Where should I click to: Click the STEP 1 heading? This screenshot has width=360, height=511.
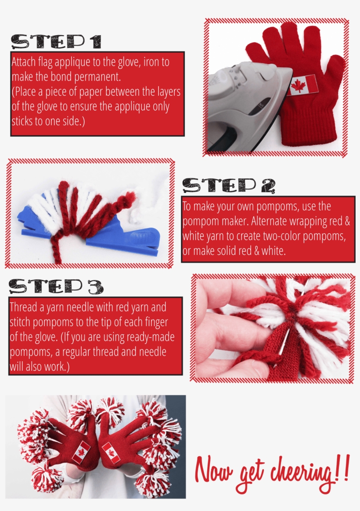point(56,42)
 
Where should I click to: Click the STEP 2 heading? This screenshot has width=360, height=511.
point(229,186)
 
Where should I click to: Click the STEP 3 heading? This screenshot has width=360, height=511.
point(56,286)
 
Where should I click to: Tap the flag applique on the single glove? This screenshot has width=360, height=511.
point(302,85)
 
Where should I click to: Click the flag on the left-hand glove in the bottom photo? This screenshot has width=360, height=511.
point(81,452)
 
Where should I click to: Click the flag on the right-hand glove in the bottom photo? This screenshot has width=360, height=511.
point(111,453)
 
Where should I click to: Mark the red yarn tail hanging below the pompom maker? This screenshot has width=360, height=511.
point(56,250)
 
